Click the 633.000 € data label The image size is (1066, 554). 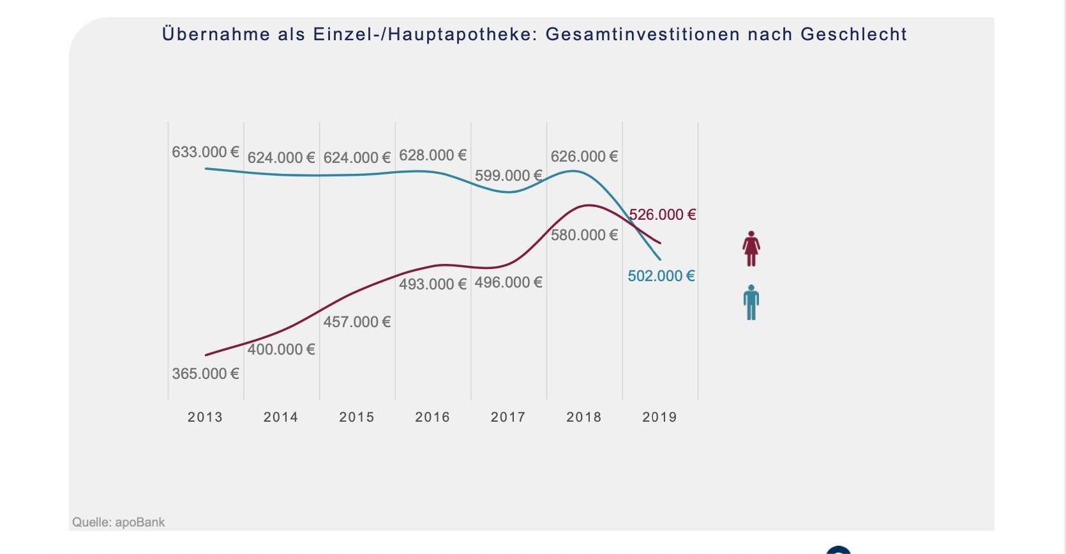click(205, 152)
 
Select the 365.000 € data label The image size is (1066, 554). click(205, 374)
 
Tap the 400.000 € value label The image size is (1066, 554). click(281, 350)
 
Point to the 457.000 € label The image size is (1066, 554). click(357, 322)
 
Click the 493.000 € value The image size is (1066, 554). click(433, 284)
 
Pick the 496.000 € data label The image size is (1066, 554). click(508, 282)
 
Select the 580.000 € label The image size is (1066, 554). click(584, 235)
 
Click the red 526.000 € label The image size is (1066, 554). click(662, 215)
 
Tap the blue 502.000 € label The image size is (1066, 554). click(661, 276)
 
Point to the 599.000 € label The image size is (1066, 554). click(508, 176)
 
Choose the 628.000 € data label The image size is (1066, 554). click(433, 155)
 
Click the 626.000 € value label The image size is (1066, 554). click(584, 157)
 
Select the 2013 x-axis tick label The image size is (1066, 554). click(205, 417)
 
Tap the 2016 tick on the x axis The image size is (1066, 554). click(432, 417)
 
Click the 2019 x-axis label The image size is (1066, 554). click(659, 417)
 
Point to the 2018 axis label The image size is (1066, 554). click(583, 417)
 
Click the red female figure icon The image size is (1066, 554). click(751, 249)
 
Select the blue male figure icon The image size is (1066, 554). click(751, 302)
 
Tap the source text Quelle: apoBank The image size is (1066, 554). click(118, 522)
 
